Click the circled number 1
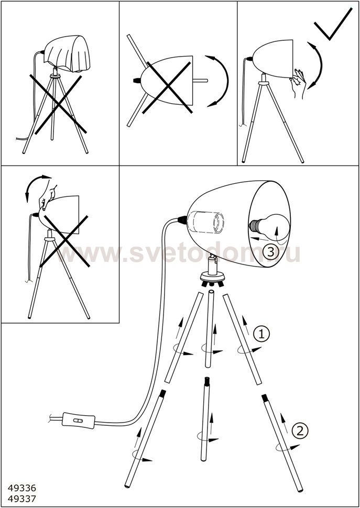click(x=261, y=334)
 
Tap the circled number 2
click(x=300, y=430)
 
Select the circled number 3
click(x=270, y=252)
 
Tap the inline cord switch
click(x=79, y=420)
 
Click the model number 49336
click(x=21, y=488)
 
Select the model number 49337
click(x=21, y=498)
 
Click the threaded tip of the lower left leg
click(x=162, y=394)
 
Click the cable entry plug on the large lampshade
click(x=182, y=220)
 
